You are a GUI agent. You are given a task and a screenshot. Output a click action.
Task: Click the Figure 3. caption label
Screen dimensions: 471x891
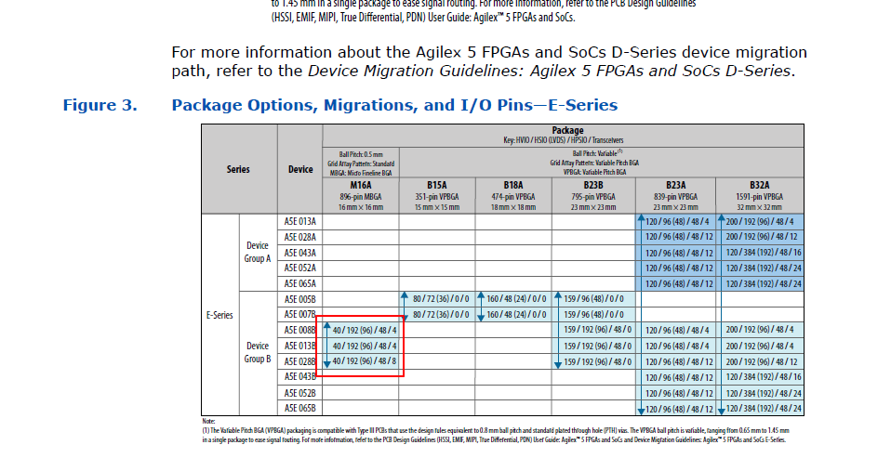point(100,105)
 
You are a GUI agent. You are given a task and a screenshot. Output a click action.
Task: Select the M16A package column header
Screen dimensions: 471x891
point(360,185)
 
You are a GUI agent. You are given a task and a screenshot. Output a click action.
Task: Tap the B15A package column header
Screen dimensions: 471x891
point(436,185)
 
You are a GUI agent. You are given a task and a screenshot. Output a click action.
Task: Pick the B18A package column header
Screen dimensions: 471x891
point(512,185)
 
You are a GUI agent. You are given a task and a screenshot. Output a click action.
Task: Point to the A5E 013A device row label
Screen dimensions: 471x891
point(300,222)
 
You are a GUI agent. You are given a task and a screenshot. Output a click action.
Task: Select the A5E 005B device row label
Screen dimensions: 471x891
point(300,299)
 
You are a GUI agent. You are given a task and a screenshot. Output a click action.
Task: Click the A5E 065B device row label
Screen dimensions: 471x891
point(300,408)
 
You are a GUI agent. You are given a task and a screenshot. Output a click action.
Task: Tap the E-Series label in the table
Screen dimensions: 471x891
point(219,315)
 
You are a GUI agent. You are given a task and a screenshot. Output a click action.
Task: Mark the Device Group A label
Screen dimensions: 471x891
point(258,252)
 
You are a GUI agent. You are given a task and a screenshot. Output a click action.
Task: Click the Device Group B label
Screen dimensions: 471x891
point(258,352)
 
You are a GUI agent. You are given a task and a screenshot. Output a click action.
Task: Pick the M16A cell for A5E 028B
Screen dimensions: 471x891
point(365,361)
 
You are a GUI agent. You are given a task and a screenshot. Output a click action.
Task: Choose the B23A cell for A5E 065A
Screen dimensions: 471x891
point(678,283)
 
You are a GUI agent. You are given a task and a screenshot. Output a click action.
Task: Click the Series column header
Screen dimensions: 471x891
point(238,169)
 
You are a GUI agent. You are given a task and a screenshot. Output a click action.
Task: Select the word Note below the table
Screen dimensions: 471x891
point(208,421)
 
